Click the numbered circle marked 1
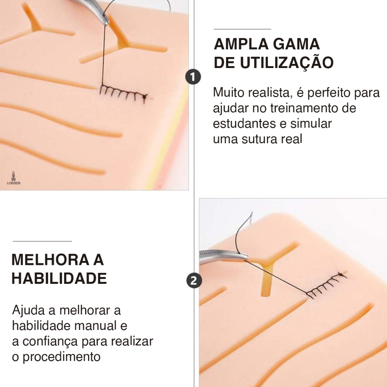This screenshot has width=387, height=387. click(x=193, y=77)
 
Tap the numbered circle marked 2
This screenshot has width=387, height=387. click(x=194, y=281)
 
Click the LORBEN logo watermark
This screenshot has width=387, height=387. click(x=14, y=178)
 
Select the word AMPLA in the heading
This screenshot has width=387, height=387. click(x=241, y=44)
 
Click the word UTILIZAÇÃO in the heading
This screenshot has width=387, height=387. click(x=286, y=63)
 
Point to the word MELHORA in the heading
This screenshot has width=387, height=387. click(x=50, y=260)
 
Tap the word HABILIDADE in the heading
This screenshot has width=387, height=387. click(x=59, y=279)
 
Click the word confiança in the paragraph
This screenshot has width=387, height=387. click(x=50, y=342)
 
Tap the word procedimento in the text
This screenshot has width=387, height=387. click(x=62, y=357)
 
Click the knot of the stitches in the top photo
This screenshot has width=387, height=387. click(x=145, y=97)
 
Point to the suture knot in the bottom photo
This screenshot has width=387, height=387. click(x=341, y=274)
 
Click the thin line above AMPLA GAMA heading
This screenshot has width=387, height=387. click(x=242, y=29)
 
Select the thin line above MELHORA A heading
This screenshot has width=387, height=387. click(x=42, y=241)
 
